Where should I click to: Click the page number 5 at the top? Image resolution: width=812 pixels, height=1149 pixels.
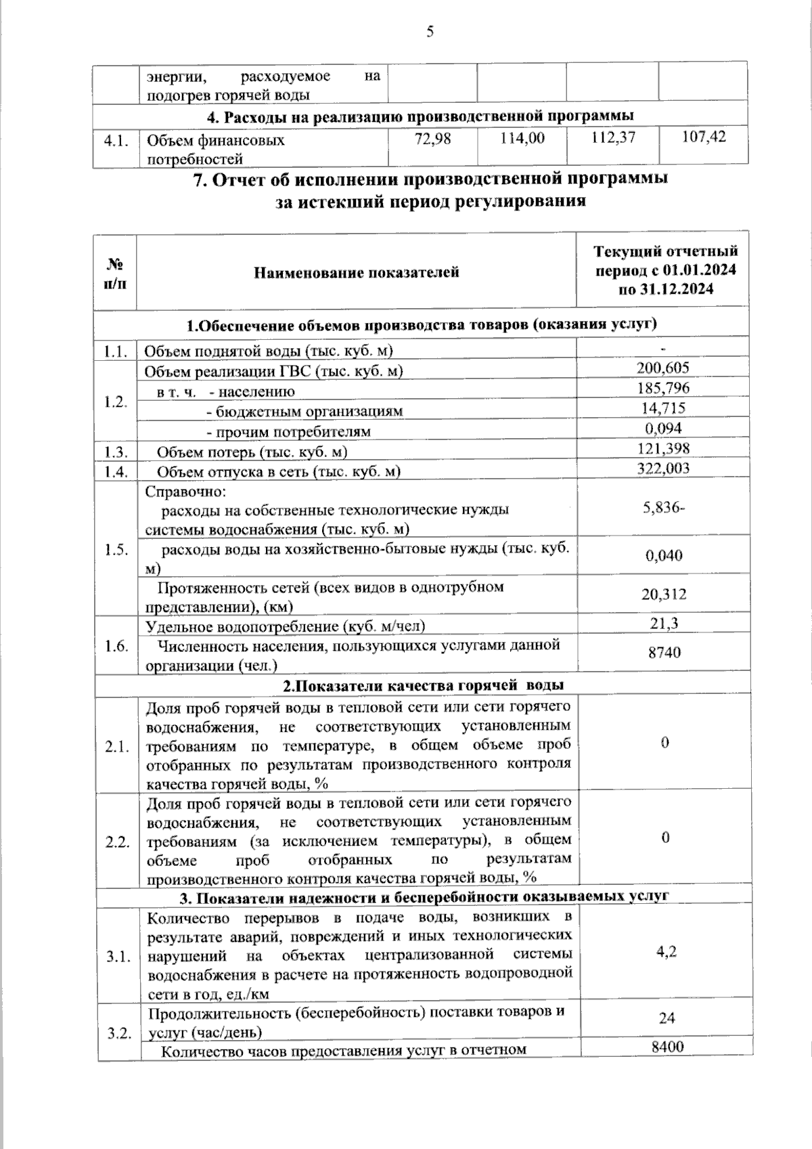tap(430, 31)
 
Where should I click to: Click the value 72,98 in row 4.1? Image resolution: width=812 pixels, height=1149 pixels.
tap(432, 138)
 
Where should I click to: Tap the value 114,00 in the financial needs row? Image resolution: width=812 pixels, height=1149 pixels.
tap(522, 138)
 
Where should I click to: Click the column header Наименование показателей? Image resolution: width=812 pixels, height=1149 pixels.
tap(357, 272)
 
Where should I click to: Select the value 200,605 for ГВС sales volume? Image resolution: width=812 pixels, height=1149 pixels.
tap(662, 368)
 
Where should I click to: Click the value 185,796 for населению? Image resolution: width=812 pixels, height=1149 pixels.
tap(662, 388)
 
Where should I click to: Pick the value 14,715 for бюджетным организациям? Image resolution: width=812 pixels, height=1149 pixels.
tap(663, 408)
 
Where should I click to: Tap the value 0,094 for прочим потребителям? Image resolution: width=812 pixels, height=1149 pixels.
tap(663, 428)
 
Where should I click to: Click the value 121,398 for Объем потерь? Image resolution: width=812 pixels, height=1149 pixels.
tap(663, 448)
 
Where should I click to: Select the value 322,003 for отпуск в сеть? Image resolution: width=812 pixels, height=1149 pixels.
tap(663, 468)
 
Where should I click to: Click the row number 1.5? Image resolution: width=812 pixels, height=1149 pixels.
tap(116, 550)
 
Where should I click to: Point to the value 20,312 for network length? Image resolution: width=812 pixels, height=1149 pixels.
tap(664, 594)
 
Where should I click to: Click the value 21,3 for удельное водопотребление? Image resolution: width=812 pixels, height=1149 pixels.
tap(664, 623)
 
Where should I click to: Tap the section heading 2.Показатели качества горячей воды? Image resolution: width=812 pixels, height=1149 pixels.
tap(423, 685)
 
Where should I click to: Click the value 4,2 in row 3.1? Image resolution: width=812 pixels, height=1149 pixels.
tap(667, 951)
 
